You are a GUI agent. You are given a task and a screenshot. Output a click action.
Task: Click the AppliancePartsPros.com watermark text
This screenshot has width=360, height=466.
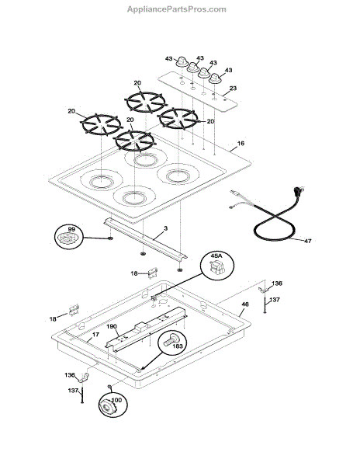(x=177, y=9)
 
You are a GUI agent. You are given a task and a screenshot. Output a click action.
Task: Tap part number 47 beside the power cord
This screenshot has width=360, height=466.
(x=308, y=241)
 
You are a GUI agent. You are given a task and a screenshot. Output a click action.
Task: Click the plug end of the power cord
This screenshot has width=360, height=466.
(x=298, y=190)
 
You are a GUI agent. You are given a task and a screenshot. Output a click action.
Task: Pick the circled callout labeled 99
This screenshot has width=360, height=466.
(x=68, y=237)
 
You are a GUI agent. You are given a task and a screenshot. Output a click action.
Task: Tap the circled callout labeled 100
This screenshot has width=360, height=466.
(x=112, y=404)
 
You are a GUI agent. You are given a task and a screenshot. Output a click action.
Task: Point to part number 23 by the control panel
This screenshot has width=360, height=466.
(x=233, y=89)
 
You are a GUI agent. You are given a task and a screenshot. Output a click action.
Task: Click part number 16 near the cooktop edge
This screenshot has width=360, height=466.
(x=241, y=143)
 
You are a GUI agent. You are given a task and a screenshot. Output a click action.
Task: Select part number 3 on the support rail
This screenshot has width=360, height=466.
(x=165, y=228)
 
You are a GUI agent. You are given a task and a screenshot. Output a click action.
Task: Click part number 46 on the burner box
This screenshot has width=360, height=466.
(x=245, y=304)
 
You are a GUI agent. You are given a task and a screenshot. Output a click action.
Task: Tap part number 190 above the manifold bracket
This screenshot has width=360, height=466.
(x=112, y=326)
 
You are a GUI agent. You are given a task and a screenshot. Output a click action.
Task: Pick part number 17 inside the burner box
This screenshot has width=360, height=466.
(x=95, y=335)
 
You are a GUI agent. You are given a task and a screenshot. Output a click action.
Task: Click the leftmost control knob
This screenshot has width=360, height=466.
(x=181, y=62)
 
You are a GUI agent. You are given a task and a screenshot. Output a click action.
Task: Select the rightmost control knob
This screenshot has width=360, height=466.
(x=216, y=78)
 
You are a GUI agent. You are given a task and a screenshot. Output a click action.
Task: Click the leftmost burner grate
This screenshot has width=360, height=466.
(x=102, y=124)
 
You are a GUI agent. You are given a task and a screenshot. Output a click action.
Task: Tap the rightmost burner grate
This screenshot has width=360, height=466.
(x=178, y=119)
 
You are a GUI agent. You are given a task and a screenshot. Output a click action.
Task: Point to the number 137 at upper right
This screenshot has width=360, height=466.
(x=275, y=300)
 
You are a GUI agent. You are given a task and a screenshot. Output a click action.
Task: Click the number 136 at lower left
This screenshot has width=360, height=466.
(x=70, y=375)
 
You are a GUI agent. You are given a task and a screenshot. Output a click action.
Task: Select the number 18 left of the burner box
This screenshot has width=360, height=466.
(x=53, y=319)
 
